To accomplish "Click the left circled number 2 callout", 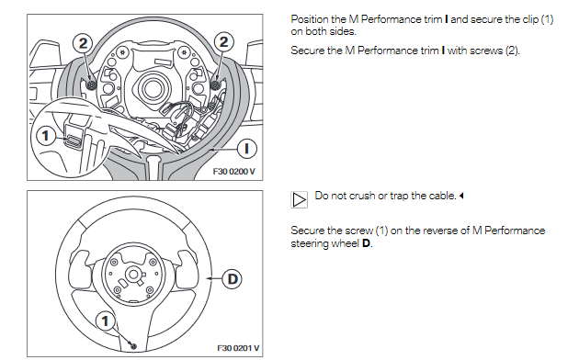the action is click(83, 43).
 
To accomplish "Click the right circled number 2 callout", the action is click(223, 41).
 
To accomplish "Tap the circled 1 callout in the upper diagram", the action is click(45, 136).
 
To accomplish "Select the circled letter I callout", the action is click(246, 149).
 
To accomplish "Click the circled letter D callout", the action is click(232, 279).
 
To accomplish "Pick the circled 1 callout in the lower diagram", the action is click(106, 321).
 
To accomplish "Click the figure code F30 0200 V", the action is click(233, 172).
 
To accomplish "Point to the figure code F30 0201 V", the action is click(238, 348).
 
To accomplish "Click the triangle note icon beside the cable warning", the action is click(299, 199).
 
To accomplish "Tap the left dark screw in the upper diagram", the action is click(91, 84).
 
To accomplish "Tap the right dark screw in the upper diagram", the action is click(215, 84).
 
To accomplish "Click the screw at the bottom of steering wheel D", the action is click(133, 346).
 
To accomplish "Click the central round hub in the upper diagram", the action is click(152, 88).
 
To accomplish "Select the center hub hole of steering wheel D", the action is click(133, 274).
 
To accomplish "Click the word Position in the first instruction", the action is click(310, 19).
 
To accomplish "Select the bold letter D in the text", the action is click(366, 243).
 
